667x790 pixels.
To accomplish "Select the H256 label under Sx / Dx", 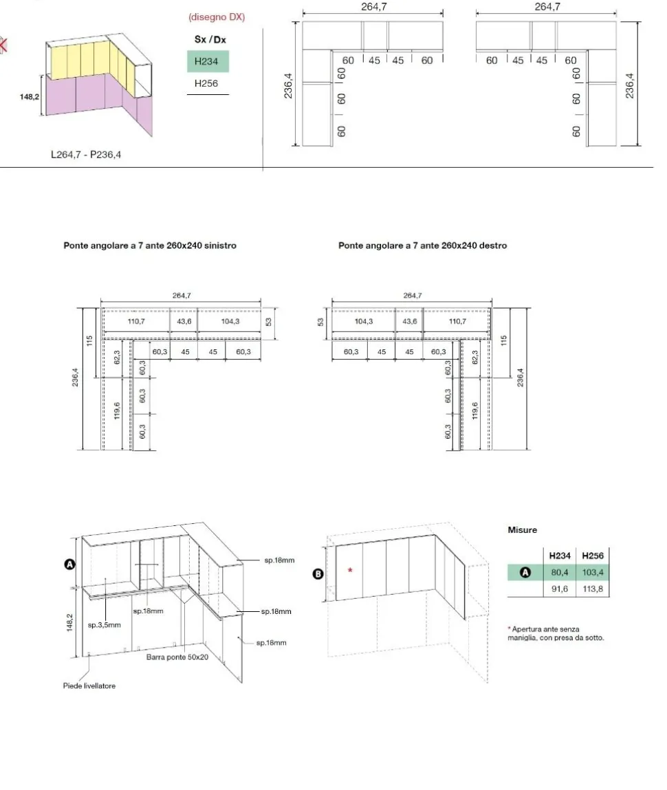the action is coord(206,84).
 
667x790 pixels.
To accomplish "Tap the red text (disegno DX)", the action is coord(217,17).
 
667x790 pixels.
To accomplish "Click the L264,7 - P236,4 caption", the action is coord(86,155).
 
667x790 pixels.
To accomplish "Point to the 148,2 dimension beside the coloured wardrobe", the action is coord(29,97).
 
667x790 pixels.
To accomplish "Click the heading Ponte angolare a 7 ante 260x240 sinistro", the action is coord(150,245).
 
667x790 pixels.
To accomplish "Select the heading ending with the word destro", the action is coord(422,245).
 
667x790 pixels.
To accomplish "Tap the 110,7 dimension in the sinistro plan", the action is coord(136,321).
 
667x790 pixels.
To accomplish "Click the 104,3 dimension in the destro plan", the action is coord(364,321).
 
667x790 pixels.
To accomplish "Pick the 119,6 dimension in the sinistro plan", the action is coord(117,410).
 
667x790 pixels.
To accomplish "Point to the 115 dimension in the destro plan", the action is coord(503,340).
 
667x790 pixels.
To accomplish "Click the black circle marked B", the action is coord(318,573).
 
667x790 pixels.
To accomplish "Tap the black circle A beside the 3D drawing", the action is coord(69,564).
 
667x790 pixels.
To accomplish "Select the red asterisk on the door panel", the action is coord(350,570).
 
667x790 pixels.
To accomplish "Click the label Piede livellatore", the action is coord(89,685).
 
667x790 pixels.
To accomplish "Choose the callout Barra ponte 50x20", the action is coord(177,657).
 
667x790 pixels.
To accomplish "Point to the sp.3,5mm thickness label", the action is coord(105,625).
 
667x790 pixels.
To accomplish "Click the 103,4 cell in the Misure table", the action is coord(593,572).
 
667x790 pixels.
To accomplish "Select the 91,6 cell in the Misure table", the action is coord(559,589).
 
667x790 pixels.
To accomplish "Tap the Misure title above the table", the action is coord(523,529).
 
